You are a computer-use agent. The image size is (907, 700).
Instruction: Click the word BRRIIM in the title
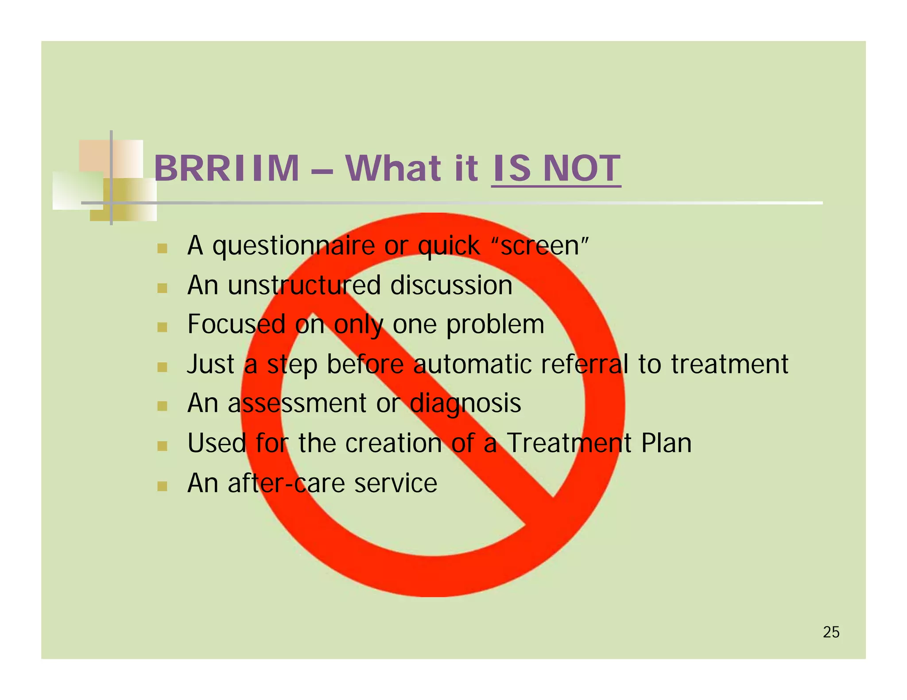226,169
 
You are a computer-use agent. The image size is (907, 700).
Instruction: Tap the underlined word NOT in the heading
581,169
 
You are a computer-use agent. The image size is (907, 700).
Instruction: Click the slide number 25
831,632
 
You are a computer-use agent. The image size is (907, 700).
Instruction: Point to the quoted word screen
540,246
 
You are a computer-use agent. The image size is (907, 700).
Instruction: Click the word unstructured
304,285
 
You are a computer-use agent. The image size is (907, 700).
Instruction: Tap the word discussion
451,285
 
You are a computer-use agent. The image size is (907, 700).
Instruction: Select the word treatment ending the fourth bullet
729,364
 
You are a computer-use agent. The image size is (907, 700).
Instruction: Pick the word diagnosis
465,404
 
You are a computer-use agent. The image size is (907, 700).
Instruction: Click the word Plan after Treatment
666,443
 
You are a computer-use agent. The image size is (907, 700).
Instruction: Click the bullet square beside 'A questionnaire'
162,249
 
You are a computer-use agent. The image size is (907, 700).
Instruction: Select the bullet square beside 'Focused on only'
162,327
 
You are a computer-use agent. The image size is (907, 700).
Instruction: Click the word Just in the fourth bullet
210,364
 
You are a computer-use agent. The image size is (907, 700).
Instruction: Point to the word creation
393,443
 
